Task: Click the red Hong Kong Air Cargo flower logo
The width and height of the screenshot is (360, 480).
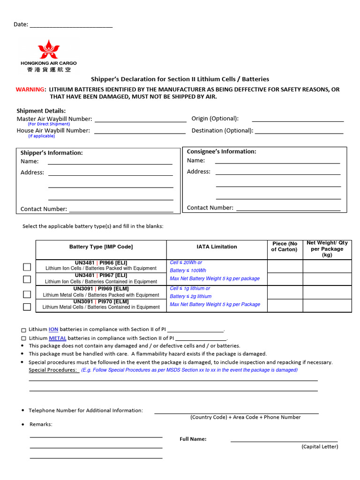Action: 48,49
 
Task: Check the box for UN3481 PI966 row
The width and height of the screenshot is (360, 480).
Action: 27,267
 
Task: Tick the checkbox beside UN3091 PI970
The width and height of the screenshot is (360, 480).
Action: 27,307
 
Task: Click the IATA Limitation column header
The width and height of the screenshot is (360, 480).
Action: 217,247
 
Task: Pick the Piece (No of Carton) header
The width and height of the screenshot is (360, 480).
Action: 285,247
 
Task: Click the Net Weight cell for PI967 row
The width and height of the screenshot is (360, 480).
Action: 327,279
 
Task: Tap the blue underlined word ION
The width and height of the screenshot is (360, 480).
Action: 53,330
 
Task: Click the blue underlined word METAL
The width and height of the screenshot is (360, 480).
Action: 57,338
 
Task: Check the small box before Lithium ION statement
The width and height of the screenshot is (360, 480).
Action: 24,330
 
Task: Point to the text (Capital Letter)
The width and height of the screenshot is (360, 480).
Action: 319,447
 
